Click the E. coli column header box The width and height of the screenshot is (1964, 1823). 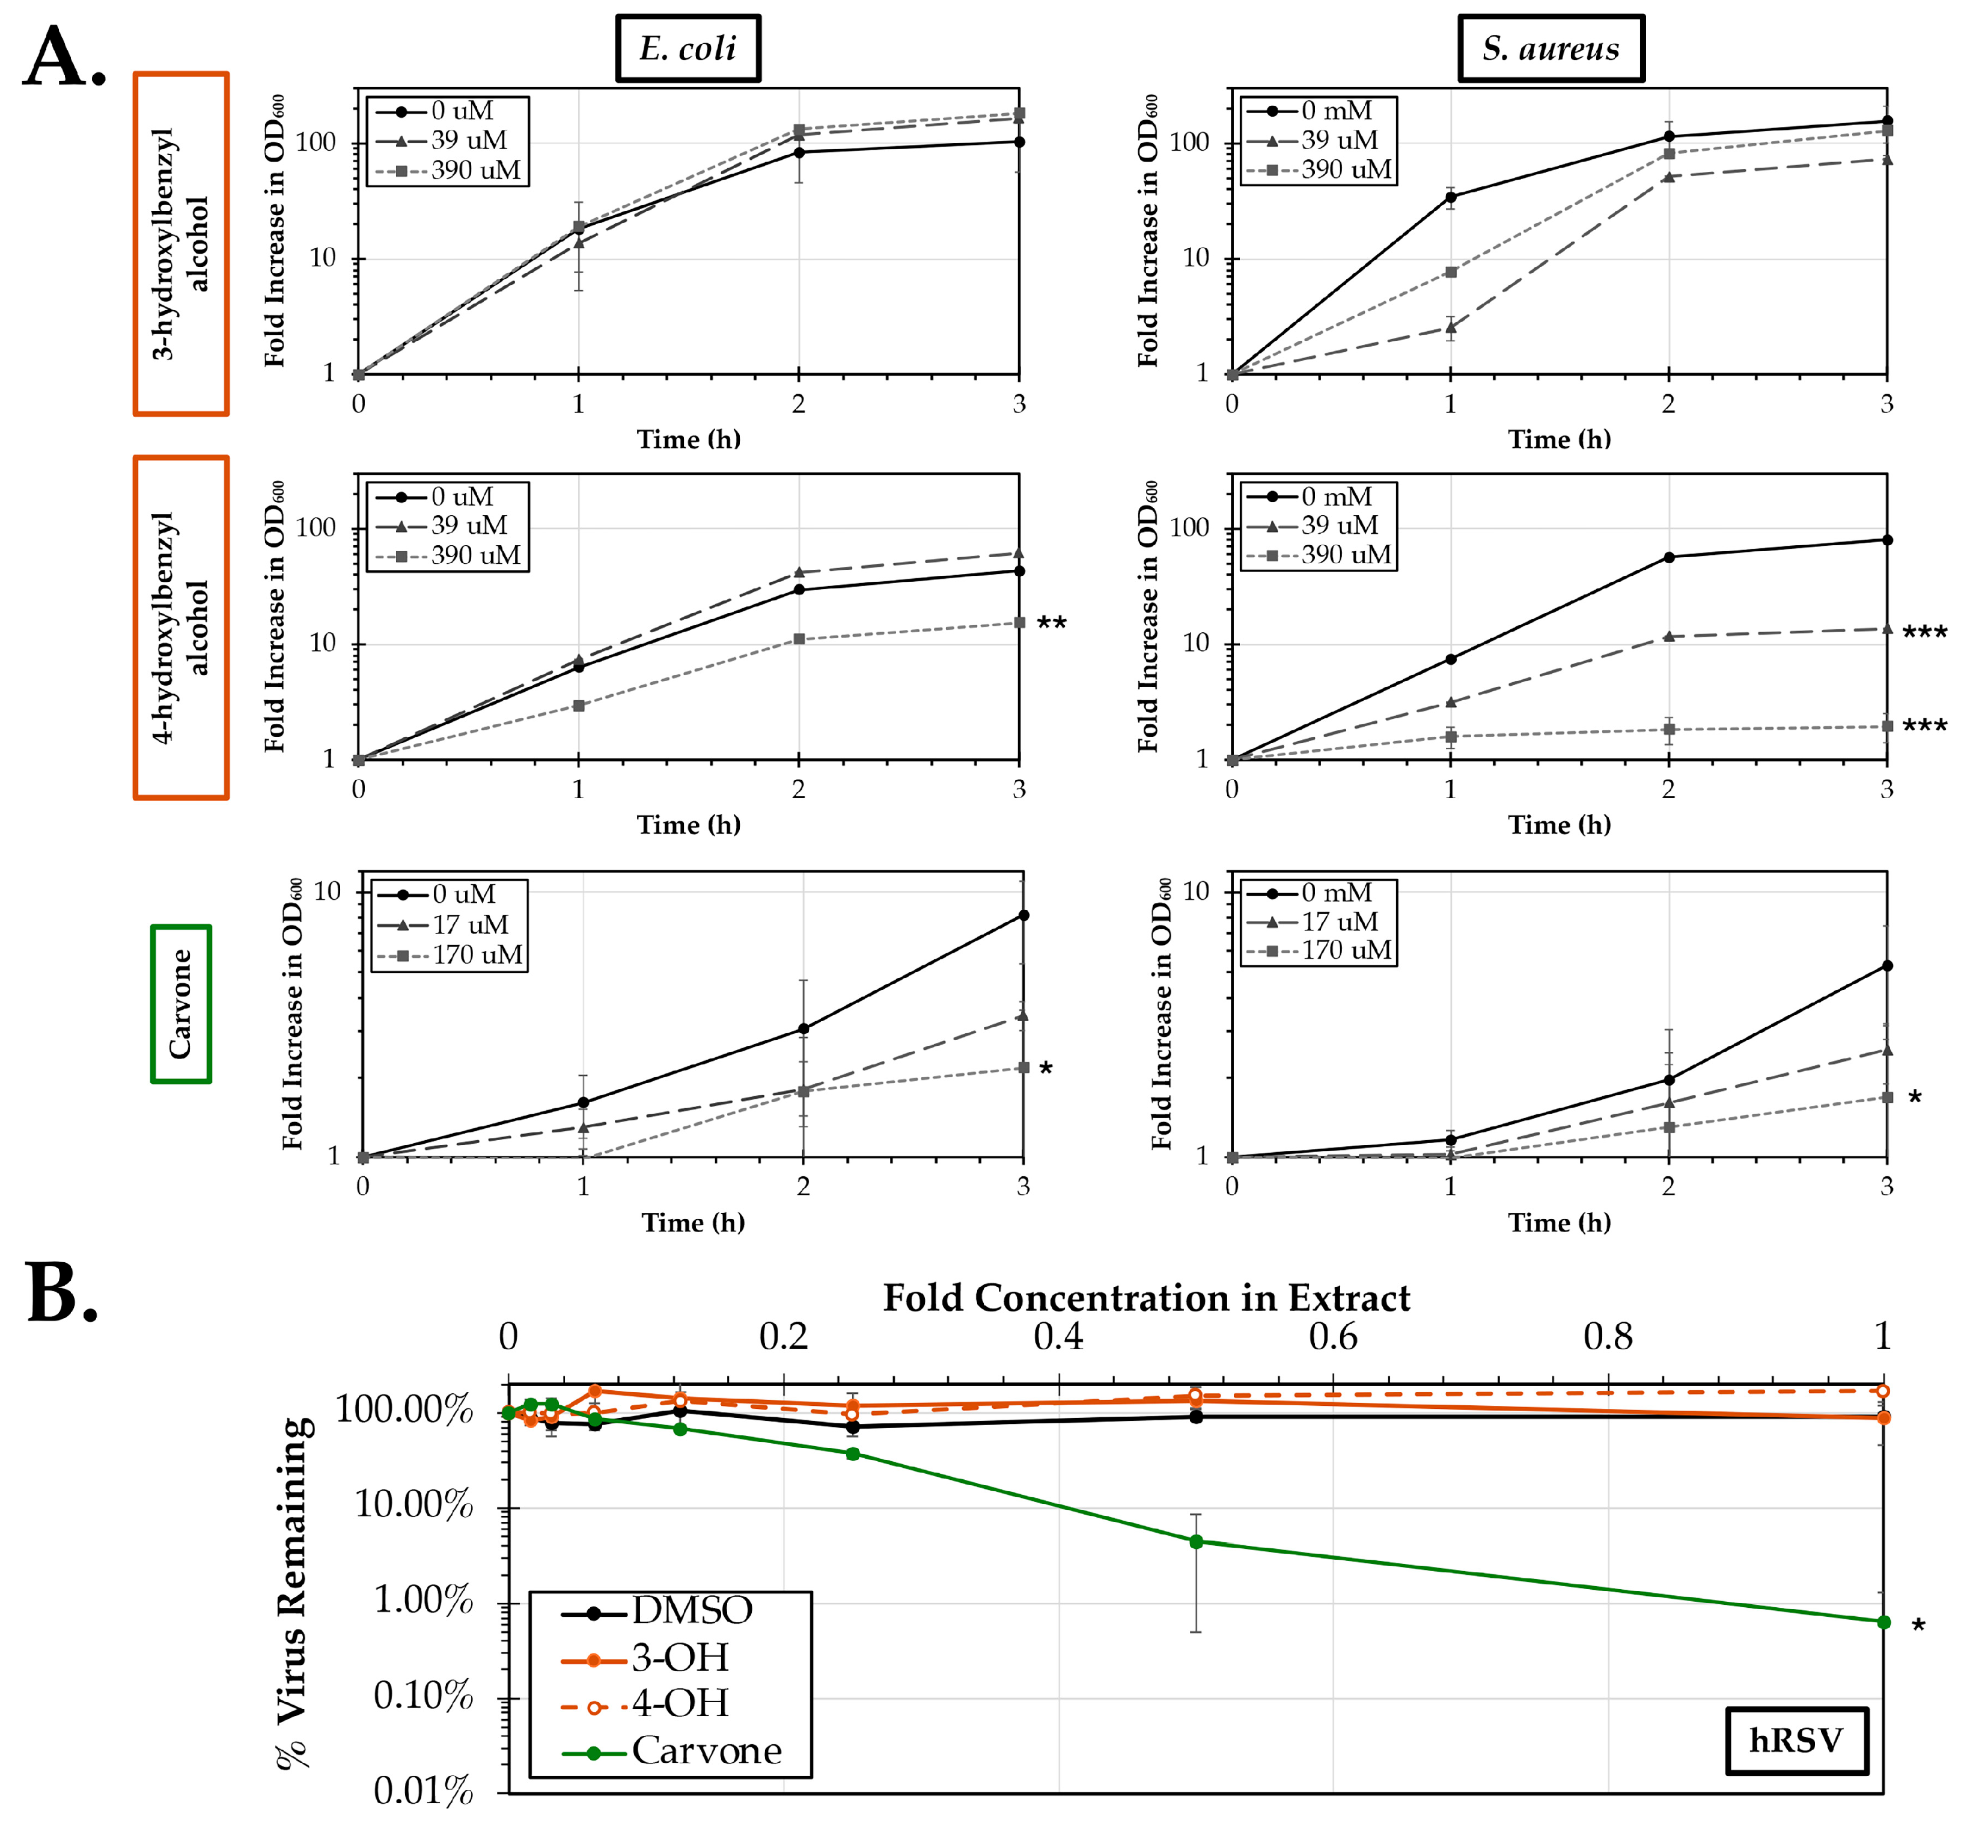point(688,48)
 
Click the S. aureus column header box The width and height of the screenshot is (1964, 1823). point(1550,48)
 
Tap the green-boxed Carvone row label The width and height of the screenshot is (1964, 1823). point(180,1003)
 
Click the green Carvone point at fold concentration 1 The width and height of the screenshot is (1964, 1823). point(1883,1622)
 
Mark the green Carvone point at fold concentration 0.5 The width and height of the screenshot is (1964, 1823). point(1195,1542)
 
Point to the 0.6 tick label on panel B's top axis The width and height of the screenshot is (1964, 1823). point(1333,1337)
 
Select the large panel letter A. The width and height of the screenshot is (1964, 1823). point(64,57)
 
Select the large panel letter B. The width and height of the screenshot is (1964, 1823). point(62,1294)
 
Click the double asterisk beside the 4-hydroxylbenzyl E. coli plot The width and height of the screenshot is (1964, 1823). point(1052,623)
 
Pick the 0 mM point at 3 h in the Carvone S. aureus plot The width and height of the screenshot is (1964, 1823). point(1886,966)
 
